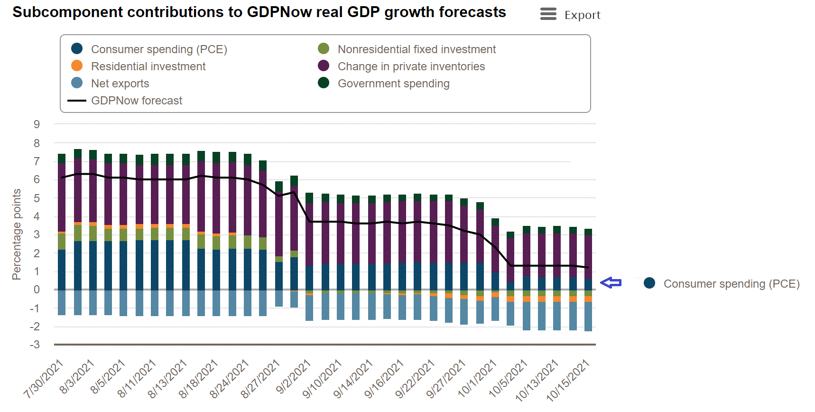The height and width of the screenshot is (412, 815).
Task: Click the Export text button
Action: coord(582,15)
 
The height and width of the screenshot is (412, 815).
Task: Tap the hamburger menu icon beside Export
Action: coord(548,14)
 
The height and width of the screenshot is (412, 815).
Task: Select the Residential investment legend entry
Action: coord(148,66)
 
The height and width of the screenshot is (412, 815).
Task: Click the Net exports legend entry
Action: coord(120,84)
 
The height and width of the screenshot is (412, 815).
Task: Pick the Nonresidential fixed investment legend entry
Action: coord(416,49)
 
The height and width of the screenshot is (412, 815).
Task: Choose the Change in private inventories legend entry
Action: coord(411,66)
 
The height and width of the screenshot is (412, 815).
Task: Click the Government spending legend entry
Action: coord(393,84)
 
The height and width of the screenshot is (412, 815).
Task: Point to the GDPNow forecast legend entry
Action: coord(137,101)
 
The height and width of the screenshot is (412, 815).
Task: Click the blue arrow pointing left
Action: coord(611,283)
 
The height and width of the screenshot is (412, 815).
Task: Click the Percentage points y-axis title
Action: coord(17,234)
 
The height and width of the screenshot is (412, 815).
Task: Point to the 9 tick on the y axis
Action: coord(37,124)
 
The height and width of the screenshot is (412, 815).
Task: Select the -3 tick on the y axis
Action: coord(35,345)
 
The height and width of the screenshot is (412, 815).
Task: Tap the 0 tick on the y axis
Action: coord(37,290)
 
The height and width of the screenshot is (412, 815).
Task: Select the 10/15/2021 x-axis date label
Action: coord(568,380)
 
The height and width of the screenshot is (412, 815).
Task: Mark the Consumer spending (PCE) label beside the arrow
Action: coord(731,284)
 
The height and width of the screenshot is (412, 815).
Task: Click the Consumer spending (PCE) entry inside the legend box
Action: coord(159,49)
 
